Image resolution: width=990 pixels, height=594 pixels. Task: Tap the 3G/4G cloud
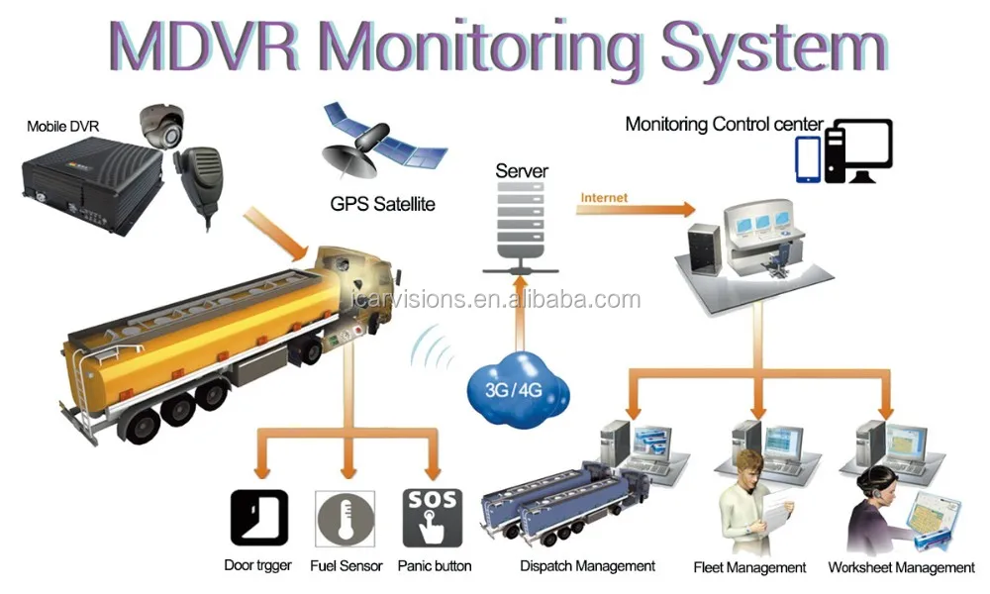coord(518,387)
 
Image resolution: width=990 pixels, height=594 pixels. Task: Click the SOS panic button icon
coord(433,517)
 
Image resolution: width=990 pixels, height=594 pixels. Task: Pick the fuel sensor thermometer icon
coord(346,517)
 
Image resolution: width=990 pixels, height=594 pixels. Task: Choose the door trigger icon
coord(258,517)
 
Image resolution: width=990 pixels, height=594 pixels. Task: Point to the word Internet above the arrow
coord(603,197)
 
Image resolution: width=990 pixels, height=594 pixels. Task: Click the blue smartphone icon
coord(808,159)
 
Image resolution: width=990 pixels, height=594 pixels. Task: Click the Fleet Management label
coord(749,567)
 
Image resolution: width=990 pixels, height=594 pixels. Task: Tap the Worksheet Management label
coord(901,567)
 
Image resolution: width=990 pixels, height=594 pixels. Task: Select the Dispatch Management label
coord(587,566)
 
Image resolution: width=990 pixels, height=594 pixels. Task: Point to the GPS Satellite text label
coord(382,205)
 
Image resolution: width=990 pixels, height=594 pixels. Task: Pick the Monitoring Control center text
coord(724,124)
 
